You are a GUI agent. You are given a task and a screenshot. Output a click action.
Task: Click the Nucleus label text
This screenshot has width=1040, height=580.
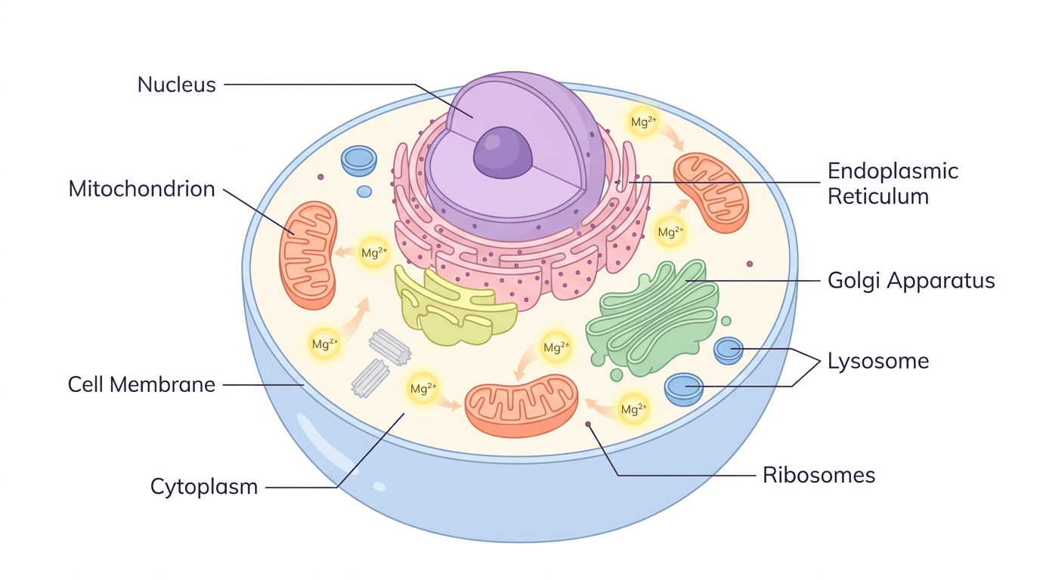176,85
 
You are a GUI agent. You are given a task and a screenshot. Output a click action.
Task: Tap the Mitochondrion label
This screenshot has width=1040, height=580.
141,189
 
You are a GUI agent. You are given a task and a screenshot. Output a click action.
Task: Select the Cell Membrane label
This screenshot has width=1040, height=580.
141,384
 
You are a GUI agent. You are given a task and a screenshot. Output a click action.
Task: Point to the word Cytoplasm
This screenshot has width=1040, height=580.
204,486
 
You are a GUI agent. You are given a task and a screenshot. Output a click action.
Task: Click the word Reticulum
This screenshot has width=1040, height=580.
877,196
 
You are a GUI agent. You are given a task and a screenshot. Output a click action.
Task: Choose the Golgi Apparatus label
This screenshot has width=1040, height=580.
911,281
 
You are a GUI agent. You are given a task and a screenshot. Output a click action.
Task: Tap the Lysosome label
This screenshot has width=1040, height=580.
877,361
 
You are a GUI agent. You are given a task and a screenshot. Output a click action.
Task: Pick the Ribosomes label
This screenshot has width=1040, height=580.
819,475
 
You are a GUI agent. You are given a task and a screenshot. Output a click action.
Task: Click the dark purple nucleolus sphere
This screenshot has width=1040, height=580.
503,152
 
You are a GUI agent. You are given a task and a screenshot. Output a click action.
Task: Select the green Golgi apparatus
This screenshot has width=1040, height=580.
653,317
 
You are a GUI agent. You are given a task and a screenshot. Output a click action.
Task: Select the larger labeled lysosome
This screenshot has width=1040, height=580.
684,389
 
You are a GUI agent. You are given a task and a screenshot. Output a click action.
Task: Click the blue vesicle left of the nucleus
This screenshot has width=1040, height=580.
359,159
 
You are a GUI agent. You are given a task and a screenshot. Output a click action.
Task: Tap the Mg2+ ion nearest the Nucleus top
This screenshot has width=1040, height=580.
642,122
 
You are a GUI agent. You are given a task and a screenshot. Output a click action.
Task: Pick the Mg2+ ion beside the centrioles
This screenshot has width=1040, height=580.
422,389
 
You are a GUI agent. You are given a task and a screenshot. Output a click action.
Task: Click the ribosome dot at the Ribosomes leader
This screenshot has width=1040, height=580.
588,424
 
